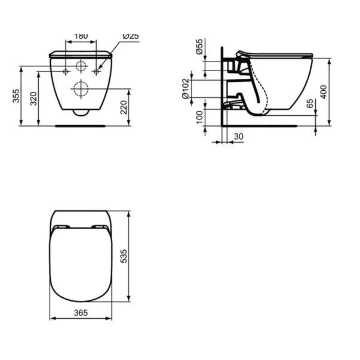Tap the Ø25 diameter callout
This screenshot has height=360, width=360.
click(131, 36)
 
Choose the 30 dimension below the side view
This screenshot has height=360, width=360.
click(238, 137)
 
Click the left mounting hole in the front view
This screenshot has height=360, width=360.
click(65, 72)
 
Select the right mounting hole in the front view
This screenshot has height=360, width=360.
click(96, 72)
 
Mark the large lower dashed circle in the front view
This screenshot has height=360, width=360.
click(81, 90)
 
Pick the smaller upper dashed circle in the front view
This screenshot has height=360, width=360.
click(81, 66)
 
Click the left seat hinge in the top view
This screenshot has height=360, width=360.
click(61, 227)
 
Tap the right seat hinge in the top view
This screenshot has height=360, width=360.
click(99, 227)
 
